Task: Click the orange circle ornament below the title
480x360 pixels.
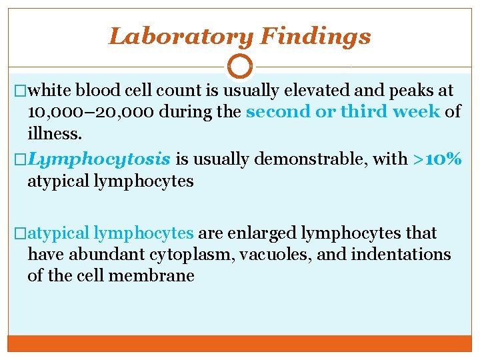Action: [x=240, y=67]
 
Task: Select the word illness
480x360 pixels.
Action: [x=55, y=133]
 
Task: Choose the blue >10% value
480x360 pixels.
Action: [x=437, y=159]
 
